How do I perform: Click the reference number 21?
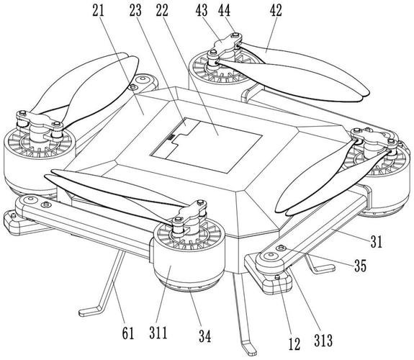pyautogui.click(x=98, y=11)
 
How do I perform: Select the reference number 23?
pyautogui.click(x=135, y=11)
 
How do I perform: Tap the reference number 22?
pyautogui.click(x=162, y=11)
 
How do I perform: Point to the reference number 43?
pyautogui.click(x=202, y=11)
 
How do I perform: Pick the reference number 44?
pyautogui.click(x=224, y=11)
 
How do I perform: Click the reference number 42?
pyautogui.click(x=276, y=11)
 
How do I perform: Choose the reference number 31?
pyautogui.click(x=377, y=241)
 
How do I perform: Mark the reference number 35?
pyautogui.click(x=361, y=266)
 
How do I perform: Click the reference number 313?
pyautogui.click(x=323, y=340)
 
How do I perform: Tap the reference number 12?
pyautogui.click(x=294, y=344)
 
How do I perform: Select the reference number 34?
pyautogui.click(x=205, y=336)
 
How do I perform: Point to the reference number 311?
pyautogui.click(x=158, y=333)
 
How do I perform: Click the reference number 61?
pyautogui.click(x=128, y=333)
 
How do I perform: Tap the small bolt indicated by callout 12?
pyautogui.click(x=277, y=276)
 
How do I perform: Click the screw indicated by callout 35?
pyautogui.click(x=281, y=248)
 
